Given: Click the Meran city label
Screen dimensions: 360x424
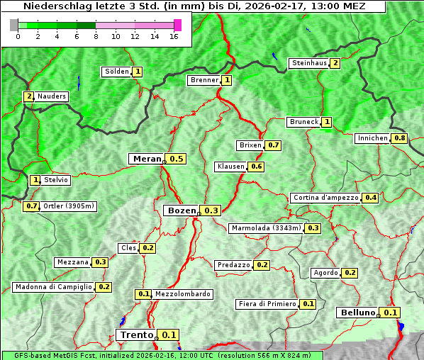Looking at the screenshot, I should (147, 159).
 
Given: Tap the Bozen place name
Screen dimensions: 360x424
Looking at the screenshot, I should (181, 210).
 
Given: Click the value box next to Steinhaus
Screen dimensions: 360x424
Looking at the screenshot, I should (335, 63).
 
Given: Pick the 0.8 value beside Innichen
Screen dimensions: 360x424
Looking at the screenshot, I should (400, 138).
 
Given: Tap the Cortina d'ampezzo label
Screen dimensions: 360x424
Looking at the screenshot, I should (325, 198).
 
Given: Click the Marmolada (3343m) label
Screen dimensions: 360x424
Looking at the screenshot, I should (266, 228).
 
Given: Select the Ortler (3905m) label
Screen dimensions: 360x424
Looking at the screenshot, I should (69, 206).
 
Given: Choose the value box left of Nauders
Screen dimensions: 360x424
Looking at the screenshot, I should (28, 96).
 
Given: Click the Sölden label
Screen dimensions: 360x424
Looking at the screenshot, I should (117, 72).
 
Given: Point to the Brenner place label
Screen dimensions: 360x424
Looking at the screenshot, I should (204, 80).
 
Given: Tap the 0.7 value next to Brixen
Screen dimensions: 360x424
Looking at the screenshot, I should (274, 145).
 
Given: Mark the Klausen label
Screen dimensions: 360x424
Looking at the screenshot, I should (230, 167).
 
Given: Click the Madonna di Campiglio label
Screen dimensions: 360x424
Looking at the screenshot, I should (53, 287).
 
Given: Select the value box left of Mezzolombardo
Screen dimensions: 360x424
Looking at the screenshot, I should (143, 294).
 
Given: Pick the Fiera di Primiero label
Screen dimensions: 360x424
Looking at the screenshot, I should (267, 304).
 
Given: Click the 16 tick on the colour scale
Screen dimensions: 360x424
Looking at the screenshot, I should (174, 36).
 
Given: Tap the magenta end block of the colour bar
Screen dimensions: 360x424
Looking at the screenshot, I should (177, 25).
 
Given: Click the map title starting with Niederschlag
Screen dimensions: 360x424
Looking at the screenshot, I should (193, 6).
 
